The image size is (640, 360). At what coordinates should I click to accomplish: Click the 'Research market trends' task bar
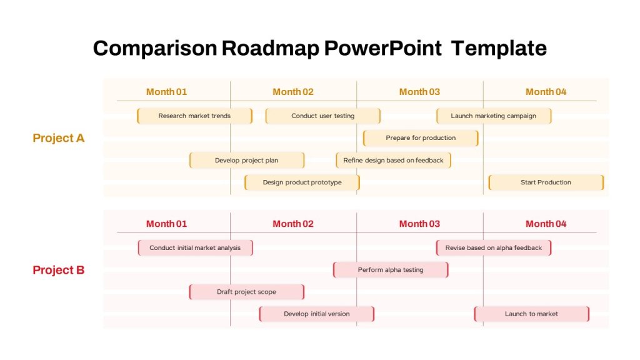[195, 116]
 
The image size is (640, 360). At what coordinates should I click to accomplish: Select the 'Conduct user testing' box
[323, 116]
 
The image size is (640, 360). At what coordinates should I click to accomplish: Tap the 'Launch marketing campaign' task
[494, 116]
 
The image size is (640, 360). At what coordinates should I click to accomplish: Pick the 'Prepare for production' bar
[421, 138]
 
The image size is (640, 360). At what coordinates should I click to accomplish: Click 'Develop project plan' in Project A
[247, 161]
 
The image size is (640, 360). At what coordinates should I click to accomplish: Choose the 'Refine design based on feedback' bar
[394, 161]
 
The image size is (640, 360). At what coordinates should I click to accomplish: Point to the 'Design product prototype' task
[302, 182]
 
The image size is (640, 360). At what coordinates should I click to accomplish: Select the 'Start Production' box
[546, 182]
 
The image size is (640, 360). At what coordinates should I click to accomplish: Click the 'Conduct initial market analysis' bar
[196, 247]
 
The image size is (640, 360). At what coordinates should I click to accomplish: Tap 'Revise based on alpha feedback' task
[494, 247]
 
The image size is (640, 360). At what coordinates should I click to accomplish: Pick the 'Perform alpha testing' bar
[391, 270]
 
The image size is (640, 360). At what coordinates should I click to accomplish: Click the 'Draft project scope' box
[246, 292]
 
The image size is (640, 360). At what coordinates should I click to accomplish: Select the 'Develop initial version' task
[317, 314]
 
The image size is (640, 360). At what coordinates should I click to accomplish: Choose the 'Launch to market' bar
[531, 314]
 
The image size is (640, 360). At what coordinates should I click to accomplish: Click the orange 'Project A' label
[58, 138]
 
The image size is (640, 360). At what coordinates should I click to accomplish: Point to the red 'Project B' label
[58, 270]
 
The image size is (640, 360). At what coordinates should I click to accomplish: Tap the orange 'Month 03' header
[419, 92]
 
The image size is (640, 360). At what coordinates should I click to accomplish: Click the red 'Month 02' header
[293, 224]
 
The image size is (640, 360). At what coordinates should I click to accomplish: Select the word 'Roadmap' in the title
[270, 49]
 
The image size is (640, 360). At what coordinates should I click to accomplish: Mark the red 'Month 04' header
[546, 224]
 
